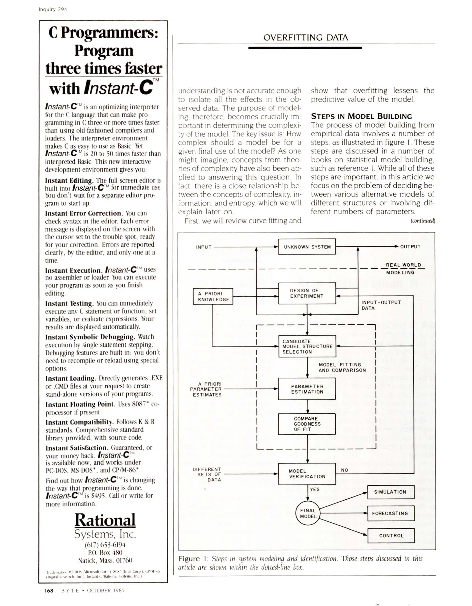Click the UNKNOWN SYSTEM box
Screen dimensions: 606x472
[307, 247]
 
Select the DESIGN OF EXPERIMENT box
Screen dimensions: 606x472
[307, 293]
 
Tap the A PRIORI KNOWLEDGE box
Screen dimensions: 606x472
[213, 296]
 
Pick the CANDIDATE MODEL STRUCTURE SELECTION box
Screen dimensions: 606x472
[307, 346]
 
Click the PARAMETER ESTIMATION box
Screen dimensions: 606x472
[307, 389]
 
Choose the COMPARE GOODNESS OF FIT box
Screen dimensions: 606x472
[307, 424]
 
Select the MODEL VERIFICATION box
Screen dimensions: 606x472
[307, 474]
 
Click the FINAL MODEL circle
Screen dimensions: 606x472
[308, 513]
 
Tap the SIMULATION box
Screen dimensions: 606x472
[391, 492]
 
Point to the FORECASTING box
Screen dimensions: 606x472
[391, 513]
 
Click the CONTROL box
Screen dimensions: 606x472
[391, 535]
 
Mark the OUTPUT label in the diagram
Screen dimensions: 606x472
[410, 247]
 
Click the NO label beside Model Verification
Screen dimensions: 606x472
[344, 470]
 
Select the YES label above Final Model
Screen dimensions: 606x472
[315, 489]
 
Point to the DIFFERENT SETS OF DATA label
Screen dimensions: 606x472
[207, 474]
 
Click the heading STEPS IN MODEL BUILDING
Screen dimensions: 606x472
[361, 116]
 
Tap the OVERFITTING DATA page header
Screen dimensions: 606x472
[306, 38]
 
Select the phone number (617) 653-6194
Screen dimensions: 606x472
[105, 545]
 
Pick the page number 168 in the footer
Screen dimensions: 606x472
[49, 591]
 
